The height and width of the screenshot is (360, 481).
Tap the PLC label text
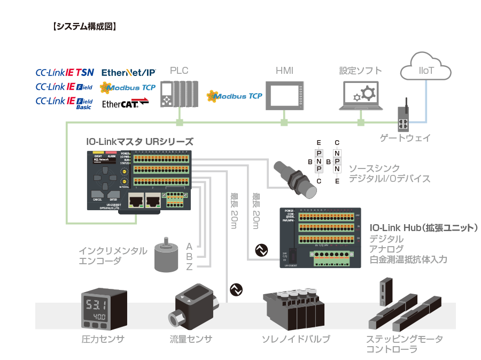pos(179,71)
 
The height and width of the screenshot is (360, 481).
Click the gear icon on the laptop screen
pos(363,94)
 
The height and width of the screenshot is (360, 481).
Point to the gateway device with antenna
pos(404,120)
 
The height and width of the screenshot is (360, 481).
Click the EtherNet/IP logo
pos(128,72)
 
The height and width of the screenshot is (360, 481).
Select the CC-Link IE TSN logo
pos(65,72)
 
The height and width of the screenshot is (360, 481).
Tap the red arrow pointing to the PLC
pos(141,99)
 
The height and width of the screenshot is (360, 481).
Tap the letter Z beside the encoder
pos(189,267)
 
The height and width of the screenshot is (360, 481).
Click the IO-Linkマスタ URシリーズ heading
pos(139,141)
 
